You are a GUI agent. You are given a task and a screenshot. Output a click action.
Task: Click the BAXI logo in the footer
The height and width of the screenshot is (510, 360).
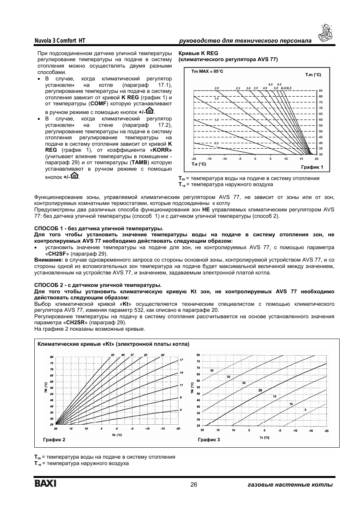point(45,484)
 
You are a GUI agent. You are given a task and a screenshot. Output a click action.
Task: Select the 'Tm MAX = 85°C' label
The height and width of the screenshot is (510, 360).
point(207,71)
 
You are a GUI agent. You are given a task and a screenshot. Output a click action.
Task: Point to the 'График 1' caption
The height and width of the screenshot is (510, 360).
point(312,167)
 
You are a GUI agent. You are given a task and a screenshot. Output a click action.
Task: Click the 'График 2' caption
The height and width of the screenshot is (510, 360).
point(54,439)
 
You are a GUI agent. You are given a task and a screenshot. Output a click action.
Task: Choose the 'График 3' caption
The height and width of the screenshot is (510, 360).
point(209,439)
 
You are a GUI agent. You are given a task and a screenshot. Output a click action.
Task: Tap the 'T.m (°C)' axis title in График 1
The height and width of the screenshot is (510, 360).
point(313,75)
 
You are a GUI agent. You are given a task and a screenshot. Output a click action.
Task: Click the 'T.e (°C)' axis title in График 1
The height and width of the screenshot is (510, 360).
point(199,164)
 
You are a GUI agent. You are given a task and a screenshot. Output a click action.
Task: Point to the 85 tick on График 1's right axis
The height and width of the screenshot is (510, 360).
point(321,91)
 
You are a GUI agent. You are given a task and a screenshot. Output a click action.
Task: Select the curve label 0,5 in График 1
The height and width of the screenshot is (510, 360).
point(216,143)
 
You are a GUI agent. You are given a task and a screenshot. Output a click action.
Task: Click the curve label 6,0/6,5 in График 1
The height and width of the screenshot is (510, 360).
point(286,88)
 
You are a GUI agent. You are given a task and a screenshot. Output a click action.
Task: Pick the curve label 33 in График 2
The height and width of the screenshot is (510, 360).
point(112,355)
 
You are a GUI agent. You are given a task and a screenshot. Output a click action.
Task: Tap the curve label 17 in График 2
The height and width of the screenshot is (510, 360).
point(181,360)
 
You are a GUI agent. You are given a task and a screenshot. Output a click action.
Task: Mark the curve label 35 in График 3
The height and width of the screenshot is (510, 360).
point(212,371)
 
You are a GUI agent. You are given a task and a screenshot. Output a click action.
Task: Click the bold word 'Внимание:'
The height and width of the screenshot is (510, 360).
point(49,260)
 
